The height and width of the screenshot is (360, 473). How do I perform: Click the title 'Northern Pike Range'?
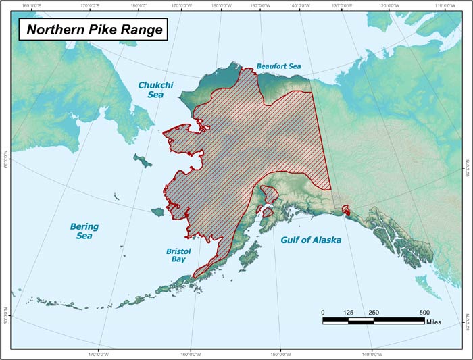pyautogui.click(x=90, y=30)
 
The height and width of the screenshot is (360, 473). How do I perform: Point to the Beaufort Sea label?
pyautogui.click(x=278, y=67)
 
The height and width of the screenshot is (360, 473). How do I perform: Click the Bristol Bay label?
pyautogui.click(x=178, y=255)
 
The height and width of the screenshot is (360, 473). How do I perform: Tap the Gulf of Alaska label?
pyautogui.click(x=312, y=240)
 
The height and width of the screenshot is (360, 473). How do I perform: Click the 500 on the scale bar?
pyautogui.click(x=424, y=312)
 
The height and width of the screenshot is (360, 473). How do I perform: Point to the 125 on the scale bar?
pyautogui.click(x=349, y=312)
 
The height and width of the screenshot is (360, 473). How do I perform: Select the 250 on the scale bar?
pyautogui.click(x=374, y=312)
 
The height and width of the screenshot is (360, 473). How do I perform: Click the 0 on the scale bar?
pyautogui.click(x=324, y=312)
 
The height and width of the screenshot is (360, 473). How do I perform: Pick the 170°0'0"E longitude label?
pyautogui.click(x=90, y=5)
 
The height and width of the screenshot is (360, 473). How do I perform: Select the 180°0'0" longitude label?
pyautogui.click(x=139, y=5)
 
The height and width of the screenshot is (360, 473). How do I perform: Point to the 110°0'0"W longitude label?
pyautogui.click(x=447, y=5)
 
